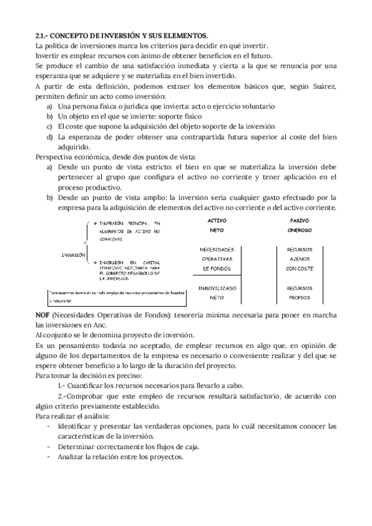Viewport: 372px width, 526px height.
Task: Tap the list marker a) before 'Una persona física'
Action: (50, 107)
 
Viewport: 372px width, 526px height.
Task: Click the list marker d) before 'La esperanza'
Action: (50, 136)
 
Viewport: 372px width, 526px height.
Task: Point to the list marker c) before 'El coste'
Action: (50, 127)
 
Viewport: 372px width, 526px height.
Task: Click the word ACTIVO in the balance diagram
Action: (216, 221)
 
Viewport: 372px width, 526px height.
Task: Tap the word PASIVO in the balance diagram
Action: (300, 221)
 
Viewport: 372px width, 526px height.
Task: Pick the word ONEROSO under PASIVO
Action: (300, 230)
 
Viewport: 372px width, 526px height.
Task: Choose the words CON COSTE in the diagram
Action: (300, 269)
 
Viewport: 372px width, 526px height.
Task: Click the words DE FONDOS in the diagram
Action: (216, 269)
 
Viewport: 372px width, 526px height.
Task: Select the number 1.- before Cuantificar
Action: (62, 385)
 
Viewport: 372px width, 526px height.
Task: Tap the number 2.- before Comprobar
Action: (62, 395)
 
